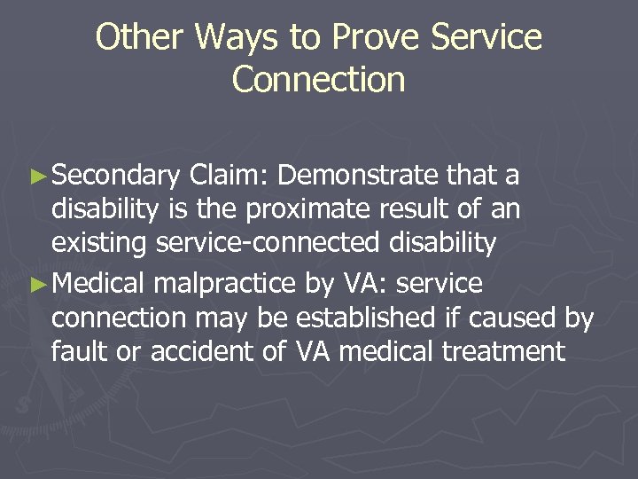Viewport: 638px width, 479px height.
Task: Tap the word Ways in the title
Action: [226, 38]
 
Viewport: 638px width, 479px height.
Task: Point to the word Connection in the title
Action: [318, 79]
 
